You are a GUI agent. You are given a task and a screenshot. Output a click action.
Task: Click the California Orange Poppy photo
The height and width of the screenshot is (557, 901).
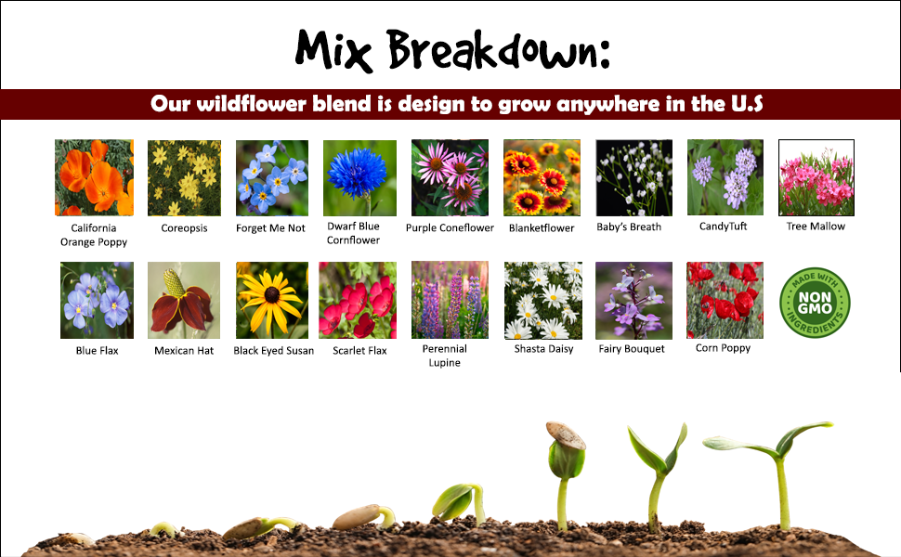94,177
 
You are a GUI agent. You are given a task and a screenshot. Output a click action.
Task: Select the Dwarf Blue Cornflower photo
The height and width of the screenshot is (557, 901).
359,178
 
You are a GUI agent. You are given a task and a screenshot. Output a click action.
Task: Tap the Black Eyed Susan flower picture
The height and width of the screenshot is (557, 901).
272,301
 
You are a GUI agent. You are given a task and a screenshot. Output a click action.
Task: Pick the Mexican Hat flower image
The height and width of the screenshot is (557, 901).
184,301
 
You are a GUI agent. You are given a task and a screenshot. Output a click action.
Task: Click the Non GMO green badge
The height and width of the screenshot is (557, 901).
815,303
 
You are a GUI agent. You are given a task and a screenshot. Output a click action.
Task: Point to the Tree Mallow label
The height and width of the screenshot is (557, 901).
816,227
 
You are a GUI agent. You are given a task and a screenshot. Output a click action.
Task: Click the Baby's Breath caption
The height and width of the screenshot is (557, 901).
629,227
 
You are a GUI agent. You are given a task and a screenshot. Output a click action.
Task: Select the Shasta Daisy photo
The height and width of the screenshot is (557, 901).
543,301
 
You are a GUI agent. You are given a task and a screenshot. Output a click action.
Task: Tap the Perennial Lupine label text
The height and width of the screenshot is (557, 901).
444,356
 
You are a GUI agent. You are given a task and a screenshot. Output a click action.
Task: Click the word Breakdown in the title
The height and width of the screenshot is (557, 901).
498,50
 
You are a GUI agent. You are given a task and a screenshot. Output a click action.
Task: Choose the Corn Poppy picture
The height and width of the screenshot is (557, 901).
725,301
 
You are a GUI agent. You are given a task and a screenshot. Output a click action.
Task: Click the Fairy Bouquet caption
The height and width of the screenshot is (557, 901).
632,348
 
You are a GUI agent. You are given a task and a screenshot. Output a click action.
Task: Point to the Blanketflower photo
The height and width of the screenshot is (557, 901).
542,178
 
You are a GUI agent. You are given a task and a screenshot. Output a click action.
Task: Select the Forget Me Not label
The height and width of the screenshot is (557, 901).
270,228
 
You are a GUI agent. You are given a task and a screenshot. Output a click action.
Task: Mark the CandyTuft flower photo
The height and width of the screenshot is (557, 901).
725,177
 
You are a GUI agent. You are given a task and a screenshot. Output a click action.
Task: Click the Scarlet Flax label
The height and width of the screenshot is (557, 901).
359,350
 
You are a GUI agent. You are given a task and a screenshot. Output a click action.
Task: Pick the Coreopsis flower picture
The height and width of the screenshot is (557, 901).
185,178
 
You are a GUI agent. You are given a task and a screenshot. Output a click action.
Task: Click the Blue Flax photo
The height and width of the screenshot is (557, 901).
98,301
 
